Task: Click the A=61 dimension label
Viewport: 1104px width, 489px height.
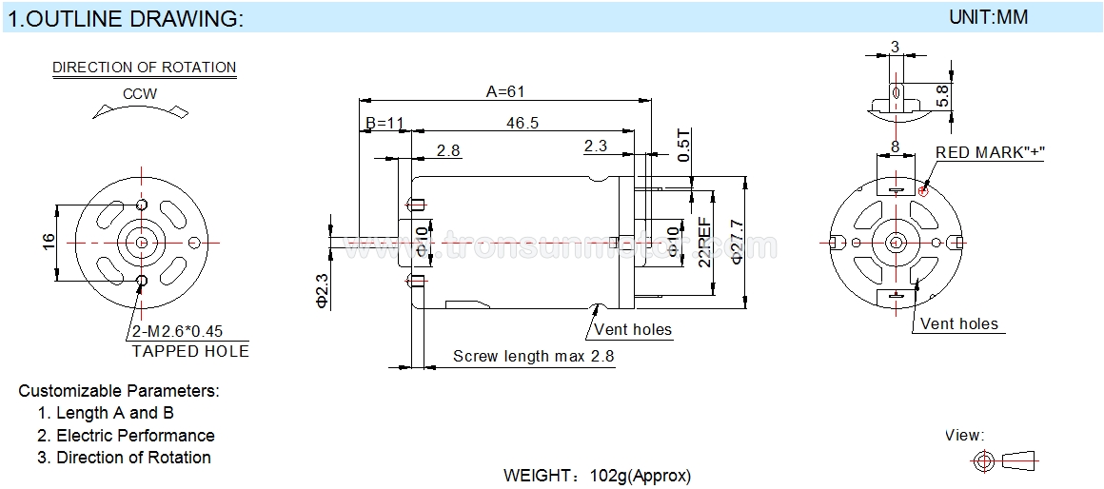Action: point(505,91)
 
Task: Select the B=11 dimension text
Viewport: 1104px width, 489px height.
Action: point(384,123)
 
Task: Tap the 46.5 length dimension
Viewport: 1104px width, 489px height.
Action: point(522,123)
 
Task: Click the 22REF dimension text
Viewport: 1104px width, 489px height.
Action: point(704,243)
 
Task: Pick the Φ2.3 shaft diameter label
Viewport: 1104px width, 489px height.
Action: point(322,288)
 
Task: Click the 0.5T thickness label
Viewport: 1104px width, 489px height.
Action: point(684,145)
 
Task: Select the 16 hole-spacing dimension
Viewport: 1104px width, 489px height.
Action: point(48,242)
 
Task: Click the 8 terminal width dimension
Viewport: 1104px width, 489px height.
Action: point(895,147)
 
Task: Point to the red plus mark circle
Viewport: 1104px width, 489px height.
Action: point(924,190)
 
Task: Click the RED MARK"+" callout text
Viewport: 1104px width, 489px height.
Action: point(989,152)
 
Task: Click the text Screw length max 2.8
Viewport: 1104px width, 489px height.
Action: point(534,356)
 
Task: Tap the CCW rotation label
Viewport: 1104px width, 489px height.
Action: point(140,93)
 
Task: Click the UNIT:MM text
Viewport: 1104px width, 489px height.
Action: point(989,17)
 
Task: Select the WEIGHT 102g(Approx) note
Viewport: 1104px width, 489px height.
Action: point(597,475)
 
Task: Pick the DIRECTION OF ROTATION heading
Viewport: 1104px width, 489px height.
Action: point(145,68)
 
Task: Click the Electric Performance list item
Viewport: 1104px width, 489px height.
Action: point(135,436)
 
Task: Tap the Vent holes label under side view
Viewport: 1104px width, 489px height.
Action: point(633,329)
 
